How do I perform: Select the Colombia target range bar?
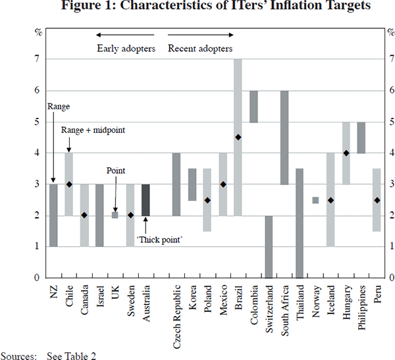click(x=253, y=106)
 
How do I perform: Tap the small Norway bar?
click(x=315, y=200)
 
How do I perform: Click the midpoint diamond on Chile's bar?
click(x=68, y=184)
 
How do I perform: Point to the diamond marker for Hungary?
click(x=346, y=153)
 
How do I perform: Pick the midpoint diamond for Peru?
click(x=377, y=200)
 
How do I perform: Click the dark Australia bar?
click(x=145, y=200)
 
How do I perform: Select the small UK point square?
click(x=115, y=215)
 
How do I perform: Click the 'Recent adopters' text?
click(x=200, y=48)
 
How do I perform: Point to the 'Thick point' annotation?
click(x=159, y=240)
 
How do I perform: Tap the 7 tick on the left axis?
click(x=37, y=59)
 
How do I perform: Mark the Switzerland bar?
click(x=269, y=247)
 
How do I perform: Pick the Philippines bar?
click(x=361, y=138)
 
